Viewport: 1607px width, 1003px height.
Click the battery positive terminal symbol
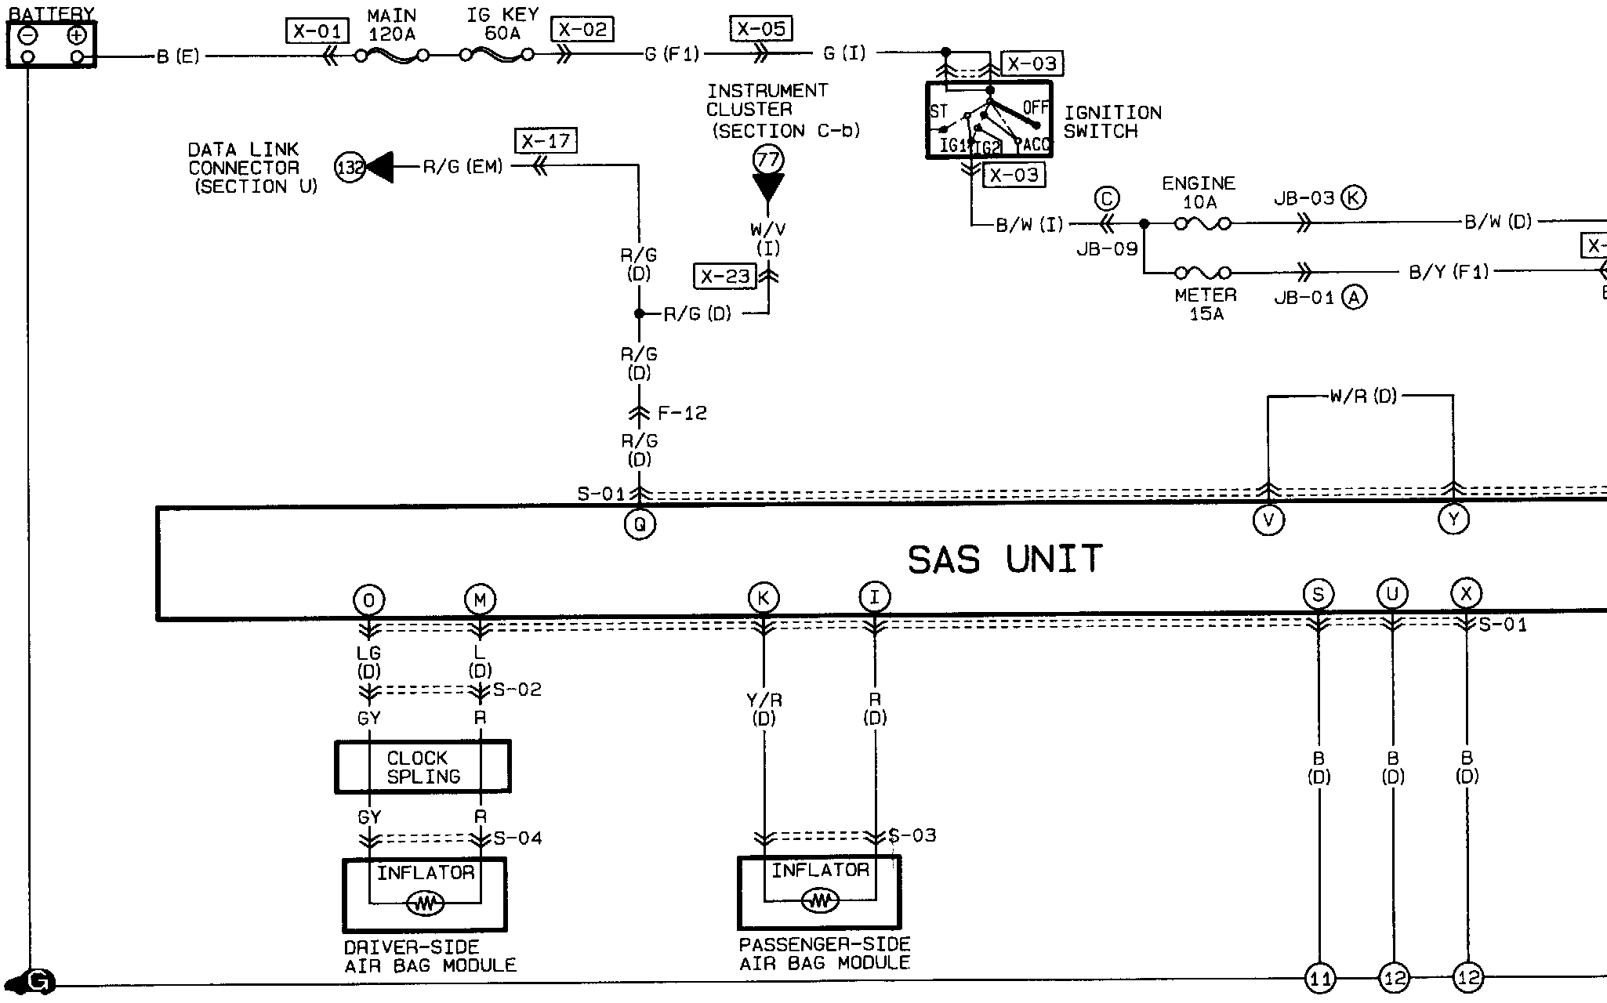pos(76,35)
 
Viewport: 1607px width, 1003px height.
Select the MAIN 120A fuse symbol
pos(391,56)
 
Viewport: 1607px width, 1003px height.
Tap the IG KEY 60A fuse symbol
pos(497,55)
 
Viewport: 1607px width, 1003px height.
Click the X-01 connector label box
pos(317,31)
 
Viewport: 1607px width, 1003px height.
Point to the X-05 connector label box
pos(761,29)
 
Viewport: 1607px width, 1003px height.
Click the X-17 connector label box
pos(546,141)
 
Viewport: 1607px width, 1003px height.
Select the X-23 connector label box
pos(725,277)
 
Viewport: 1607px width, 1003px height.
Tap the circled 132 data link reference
pos(350,167)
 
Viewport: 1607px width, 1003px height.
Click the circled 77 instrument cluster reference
pos(768,161)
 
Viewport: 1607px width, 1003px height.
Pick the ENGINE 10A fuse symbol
pos(1202,224)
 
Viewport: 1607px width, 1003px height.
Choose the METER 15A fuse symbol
pos(1202,273)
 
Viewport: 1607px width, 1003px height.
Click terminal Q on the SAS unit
pos(640,524)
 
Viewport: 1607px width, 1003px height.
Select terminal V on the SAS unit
pos(1268,520)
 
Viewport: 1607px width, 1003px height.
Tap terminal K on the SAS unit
pos(764,597)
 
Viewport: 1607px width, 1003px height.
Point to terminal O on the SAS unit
pos(368,600)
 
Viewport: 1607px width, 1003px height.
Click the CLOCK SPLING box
pos(423,767)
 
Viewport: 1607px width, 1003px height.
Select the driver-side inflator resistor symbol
pos(425,904)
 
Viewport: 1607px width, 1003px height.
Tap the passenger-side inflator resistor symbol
pos(820,901)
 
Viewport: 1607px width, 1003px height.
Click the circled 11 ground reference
pos(1319,978)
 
